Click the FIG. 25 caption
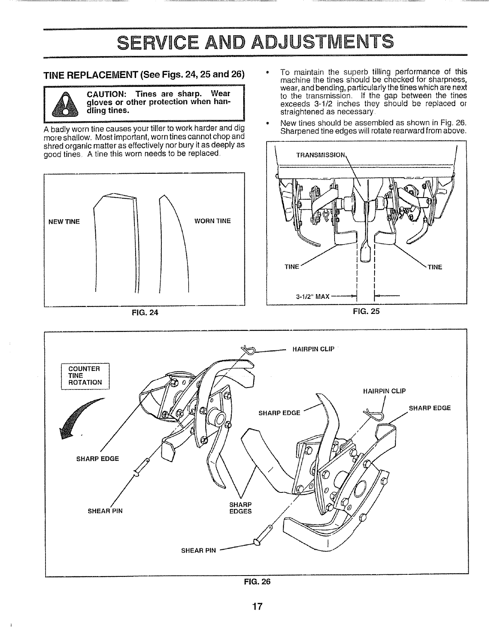point(366,311)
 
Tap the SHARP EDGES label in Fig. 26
point(240,508)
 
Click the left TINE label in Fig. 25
point(291,267)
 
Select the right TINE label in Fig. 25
point(434,267)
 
